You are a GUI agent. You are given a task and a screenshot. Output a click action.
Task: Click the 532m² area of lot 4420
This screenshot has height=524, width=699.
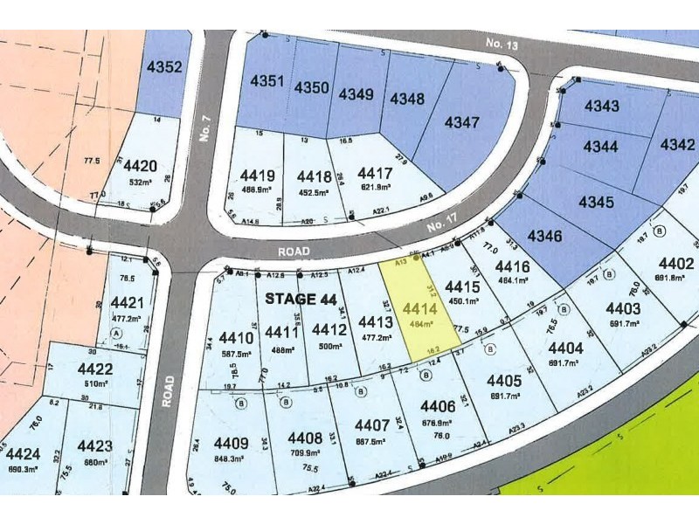140,183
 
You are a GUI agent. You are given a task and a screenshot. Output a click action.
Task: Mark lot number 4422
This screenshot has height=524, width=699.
95,369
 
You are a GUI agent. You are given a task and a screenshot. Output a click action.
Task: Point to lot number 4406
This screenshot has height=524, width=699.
438,406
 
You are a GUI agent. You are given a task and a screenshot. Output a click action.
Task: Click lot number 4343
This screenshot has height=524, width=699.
602,107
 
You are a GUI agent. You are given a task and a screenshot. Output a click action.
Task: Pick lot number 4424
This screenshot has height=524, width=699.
22,454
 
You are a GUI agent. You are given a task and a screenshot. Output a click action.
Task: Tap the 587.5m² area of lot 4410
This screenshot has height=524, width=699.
237,355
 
